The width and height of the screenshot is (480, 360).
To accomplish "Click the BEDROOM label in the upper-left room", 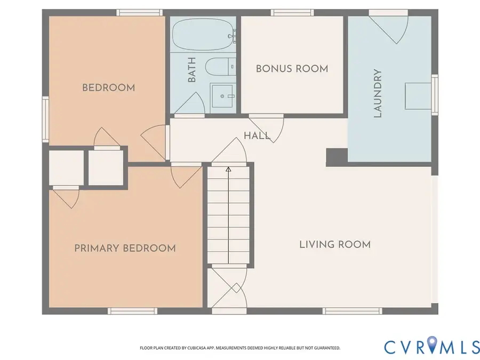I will (108, 87).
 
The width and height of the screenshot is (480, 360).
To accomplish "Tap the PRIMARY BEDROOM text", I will (125, 248).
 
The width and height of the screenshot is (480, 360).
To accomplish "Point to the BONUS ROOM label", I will (292, 68).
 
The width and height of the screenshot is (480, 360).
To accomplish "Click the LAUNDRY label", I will (378, 93).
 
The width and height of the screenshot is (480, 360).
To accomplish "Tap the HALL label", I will (257, 135).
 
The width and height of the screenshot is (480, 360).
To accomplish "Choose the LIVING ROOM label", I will (334, 244).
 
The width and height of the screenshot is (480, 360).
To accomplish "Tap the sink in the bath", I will (222, 97).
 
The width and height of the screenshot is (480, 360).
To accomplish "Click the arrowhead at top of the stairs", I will (228, 170).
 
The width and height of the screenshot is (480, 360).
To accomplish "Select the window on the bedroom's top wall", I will (139, 12).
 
